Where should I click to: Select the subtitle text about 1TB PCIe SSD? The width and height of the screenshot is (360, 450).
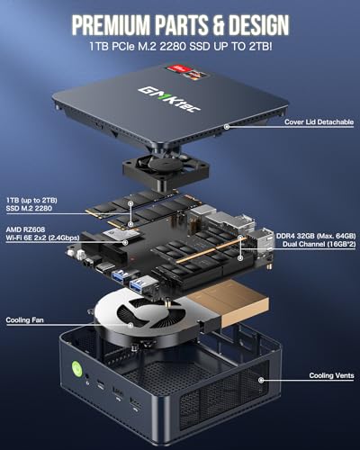[x=180, y=46]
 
